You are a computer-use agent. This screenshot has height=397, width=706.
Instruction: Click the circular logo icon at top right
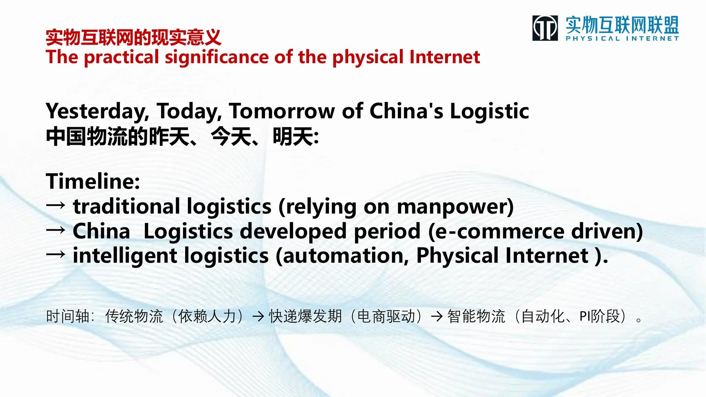[545, 28]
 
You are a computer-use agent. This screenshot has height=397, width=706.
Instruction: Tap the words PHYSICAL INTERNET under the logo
[622, 39]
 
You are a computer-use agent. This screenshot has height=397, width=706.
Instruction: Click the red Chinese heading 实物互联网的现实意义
[133, 38]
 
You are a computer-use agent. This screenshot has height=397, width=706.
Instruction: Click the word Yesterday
[97, 112]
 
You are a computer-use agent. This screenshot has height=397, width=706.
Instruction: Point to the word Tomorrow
[282, 111]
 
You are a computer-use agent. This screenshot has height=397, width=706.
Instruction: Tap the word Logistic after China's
[489, 111]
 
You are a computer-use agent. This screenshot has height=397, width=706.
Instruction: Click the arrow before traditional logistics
[56, 205]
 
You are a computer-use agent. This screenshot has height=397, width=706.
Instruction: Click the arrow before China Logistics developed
[56, 230]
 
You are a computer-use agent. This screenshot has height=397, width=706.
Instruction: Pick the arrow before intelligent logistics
[56, 255]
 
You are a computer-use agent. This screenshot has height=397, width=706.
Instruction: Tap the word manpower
[452, 207]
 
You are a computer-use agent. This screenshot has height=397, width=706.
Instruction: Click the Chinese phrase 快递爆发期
[305, 316]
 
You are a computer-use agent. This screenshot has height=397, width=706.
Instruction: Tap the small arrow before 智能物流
[437, 316]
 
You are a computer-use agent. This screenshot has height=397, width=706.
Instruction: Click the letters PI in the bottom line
[584, 316]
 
